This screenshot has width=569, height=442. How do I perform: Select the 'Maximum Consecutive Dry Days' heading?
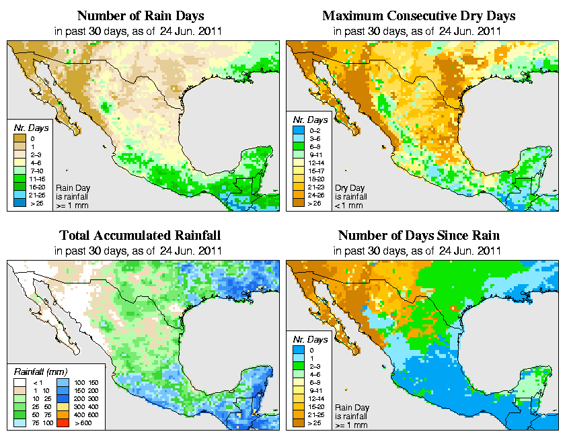coord(418,15)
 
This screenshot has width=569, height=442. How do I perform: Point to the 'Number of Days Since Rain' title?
coord(418,236)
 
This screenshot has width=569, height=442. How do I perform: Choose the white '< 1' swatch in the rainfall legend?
coord(20,381)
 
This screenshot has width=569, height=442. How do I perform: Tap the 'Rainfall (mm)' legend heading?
coord(39,371)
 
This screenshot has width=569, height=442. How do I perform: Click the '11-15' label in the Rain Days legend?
coord(37,179)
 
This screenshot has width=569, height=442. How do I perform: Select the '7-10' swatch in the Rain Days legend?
coord(20,171)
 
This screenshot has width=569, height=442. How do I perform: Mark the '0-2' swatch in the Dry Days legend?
coord(299,130)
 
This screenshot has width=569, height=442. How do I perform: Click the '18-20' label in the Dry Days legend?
coord(316,178)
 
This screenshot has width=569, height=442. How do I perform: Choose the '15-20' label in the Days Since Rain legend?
coord(317,406)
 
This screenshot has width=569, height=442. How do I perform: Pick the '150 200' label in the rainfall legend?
coord(87,390)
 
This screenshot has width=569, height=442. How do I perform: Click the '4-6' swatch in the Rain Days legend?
coord(20,163)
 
